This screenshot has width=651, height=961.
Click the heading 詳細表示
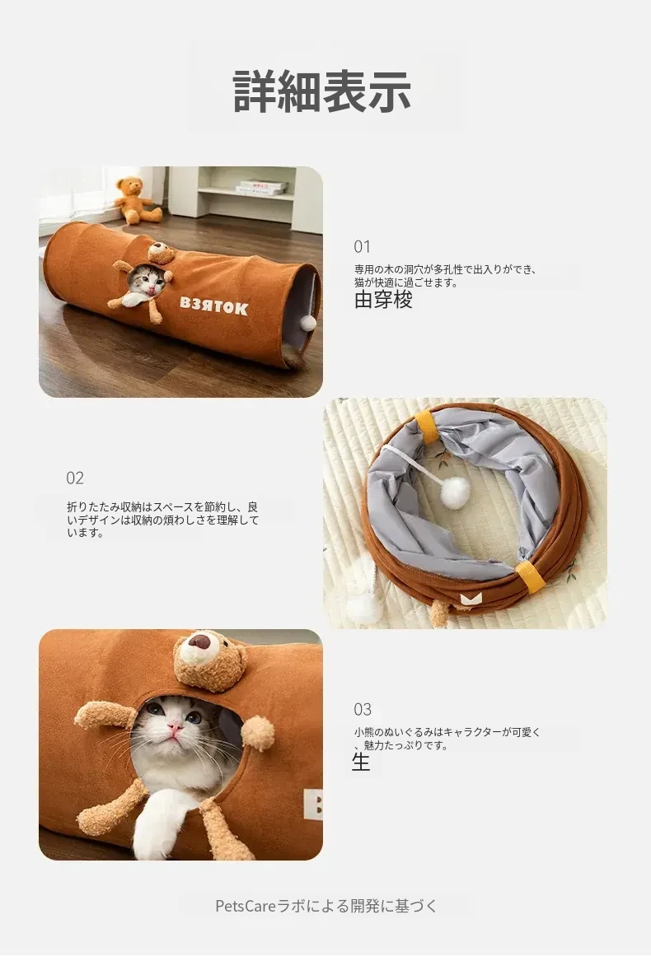coord(322,92)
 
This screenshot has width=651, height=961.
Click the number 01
coord(362,247)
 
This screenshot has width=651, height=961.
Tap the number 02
coord(75,478)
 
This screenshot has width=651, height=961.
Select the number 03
coord(363,710)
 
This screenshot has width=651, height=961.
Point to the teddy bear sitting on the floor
coord(138,200)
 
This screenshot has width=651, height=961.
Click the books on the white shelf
coord(262,187)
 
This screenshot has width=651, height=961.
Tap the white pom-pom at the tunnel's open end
coord(308,323)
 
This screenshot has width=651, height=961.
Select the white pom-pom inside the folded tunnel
coord(455,493)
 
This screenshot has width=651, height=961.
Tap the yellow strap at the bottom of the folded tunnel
coord(530,576)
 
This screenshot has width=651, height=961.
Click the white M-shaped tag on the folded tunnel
coord(471,598)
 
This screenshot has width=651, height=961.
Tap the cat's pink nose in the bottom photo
coord(176,727)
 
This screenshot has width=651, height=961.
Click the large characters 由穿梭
coord(383,300)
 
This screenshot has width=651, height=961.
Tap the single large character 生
coord(361,762)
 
